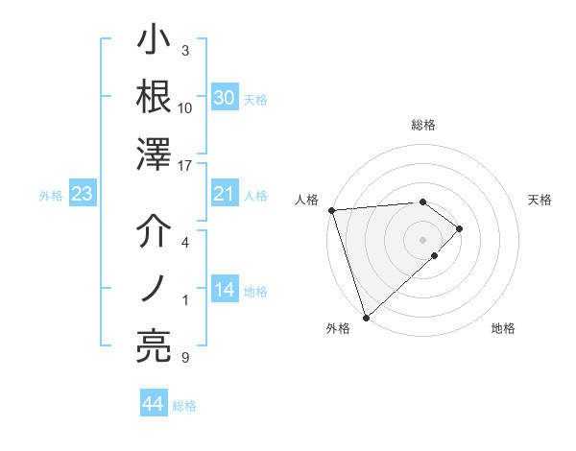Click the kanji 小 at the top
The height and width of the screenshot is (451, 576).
(x=155, y=43)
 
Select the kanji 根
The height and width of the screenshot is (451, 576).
(x=155, y=98)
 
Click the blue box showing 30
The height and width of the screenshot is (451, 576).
(x=224, y=98)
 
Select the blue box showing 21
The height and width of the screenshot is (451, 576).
(x=224, y=195)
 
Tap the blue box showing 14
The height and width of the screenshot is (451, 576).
(x=224, y=291)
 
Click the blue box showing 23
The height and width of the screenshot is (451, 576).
(x=83, y=195)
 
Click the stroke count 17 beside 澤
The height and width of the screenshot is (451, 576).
(x=185, y=167)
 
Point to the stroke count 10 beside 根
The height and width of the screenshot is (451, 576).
(x=185, y=107)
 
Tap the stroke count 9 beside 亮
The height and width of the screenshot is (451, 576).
(x=185, y=358)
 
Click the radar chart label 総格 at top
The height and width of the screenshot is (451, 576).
(x=422, y=125)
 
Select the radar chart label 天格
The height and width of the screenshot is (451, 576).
(x=540, y=200)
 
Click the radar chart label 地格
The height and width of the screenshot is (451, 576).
(x=503, y=329)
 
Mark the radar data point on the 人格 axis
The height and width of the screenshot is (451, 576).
(x=331, y=209)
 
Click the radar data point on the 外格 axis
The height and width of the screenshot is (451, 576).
(x=366, y=316)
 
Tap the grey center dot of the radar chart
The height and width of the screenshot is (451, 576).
(x=422, y=238)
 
